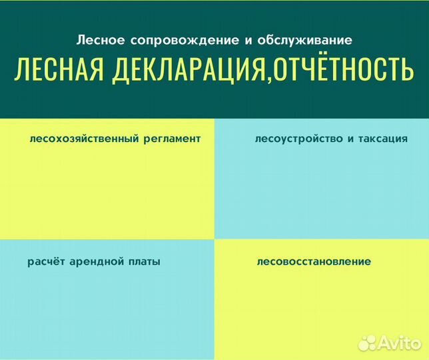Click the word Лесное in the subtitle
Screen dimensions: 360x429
pos(98,40)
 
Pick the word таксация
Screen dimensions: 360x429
pos(380,139)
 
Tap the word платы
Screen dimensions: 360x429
pos(145,261)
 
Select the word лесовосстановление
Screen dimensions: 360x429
pos(313,261)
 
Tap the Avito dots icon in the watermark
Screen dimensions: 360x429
pos(368,343)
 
